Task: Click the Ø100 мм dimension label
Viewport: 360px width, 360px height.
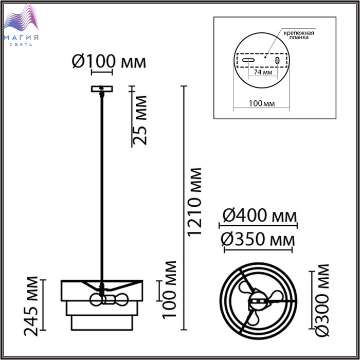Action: (x=109, y=61)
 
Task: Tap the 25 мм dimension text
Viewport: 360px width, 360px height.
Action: (x=139, y=120)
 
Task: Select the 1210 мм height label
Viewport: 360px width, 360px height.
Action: (x=194, y=202)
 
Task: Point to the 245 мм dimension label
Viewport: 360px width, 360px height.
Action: (x=31, y=307)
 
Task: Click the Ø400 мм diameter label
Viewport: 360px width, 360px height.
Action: (x=259, y=215)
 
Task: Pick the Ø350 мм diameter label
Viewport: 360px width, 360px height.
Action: (x=258, y=240)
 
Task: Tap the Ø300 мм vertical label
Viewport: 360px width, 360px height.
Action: (x=322, y=300)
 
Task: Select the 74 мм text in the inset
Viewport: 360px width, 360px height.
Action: (x=263, y=72)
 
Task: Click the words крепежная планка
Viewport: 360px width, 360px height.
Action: (x=299, y=34)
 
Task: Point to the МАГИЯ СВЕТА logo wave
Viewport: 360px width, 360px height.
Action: (x=21, y=19)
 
